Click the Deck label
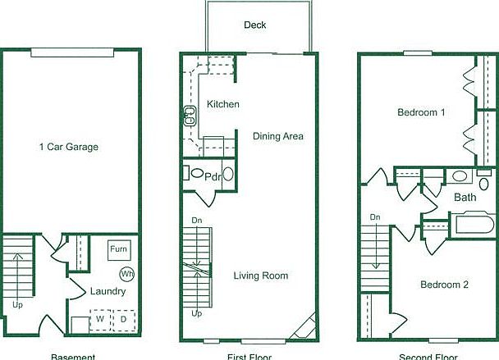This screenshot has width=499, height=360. point(254,25)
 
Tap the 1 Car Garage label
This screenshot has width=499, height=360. point(69,148)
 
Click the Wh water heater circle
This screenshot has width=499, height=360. point(127,273)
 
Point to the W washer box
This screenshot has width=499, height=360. point(100,318)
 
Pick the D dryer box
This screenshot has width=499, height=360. point(124,318)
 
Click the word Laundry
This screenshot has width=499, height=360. point(108,291)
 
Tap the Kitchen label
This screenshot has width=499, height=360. point(223,104)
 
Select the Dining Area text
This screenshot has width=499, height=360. point(278,136)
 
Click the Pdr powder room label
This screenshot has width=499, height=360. point(212,176)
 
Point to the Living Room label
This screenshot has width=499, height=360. point(261,276)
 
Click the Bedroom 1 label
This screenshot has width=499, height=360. point(421,112)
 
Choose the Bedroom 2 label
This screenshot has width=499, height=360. point(444,285)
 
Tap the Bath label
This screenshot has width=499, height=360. point(465,198)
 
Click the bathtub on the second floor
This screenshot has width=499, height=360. point(470,225)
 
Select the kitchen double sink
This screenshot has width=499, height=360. point(190,116)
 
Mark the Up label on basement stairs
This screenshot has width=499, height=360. point(18,303)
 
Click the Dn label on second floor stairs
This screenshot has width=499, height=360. point(375,217)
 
